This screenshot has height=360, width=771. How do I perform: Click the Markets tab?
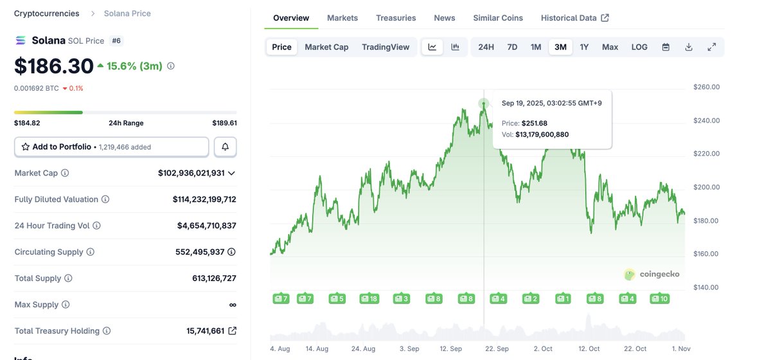(342, 18)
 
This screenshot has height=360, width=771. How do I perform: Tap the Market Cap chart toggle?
(326, 47)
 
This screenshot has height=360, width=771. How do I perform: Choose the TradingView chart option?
(385, 47)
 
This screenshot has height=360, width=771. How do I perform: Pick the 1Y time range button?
(584, 47)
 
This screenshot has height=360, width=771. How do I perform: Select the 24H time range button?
(486, 47)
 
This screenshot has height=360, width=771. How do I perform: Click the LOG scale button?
(639, 47)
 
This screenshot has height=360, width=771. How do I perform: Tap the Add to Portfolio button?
(112, 147)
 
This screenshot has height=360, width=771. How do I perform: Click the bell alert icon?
(226, 147)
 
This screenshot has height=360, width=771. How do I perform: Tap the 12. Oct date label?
(589, 348)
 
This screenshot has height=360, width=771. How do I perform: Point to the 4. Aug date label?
(281, 348)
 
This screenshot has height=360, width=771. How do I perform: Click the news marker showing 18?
(369, 299)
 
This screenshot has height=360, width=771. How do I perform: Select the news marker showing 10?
(660, 299)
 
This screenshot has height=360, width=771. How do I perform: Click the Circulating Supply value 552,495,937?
(200, 252)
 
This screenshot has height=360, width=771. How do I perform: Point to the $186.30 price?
(54, 66)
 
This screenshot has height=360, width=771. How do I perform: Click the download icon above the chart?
(689, 47)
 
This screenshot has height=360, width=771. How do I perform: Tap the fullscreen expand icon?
(712, 47)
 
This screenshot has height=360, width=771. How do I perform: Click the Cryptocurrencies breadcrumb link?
(47, 14)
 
